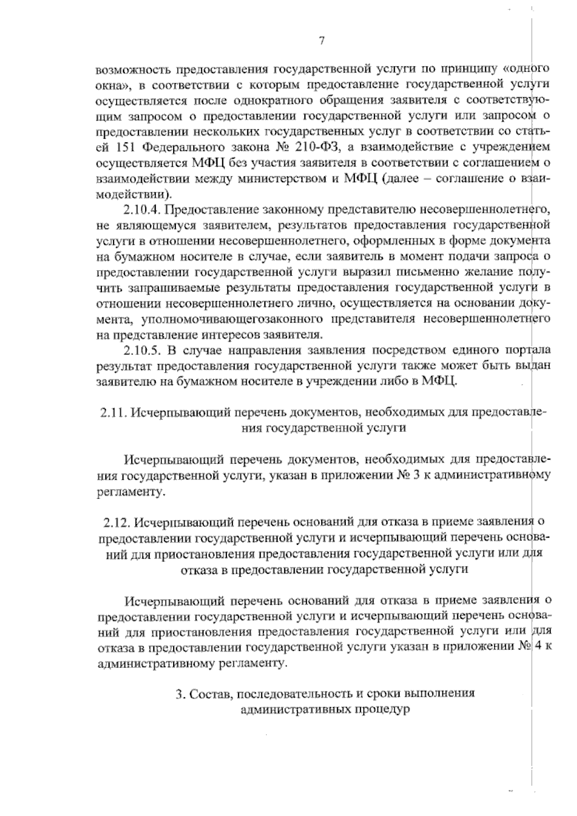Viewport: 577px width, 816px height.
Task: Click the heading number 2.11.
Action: click(113, 414)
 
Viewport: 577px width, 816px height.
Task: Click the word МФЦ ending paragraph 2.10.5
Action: click(440, 382)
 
